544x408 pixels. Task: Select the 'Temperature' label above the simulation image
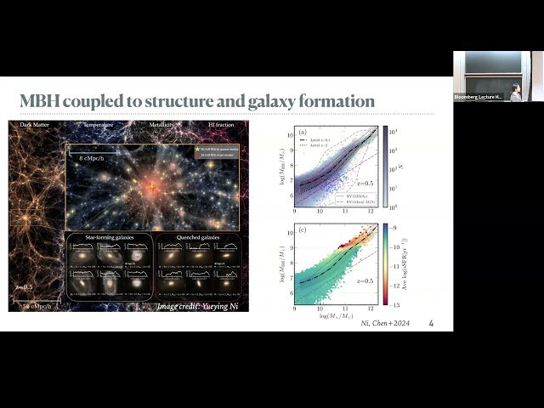tap(99, 126)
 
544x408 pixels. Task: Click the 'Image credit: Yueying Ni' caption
tap(202, 304)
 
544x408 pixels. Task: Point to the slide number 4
tap(431, 324)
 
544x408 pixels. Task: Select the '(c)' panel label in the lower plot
tap(302, 230)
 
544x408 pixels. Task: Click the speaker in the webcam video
tap(516, 91)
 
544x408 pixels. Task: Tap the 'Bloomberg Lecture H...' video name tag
tap(478, 98)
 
